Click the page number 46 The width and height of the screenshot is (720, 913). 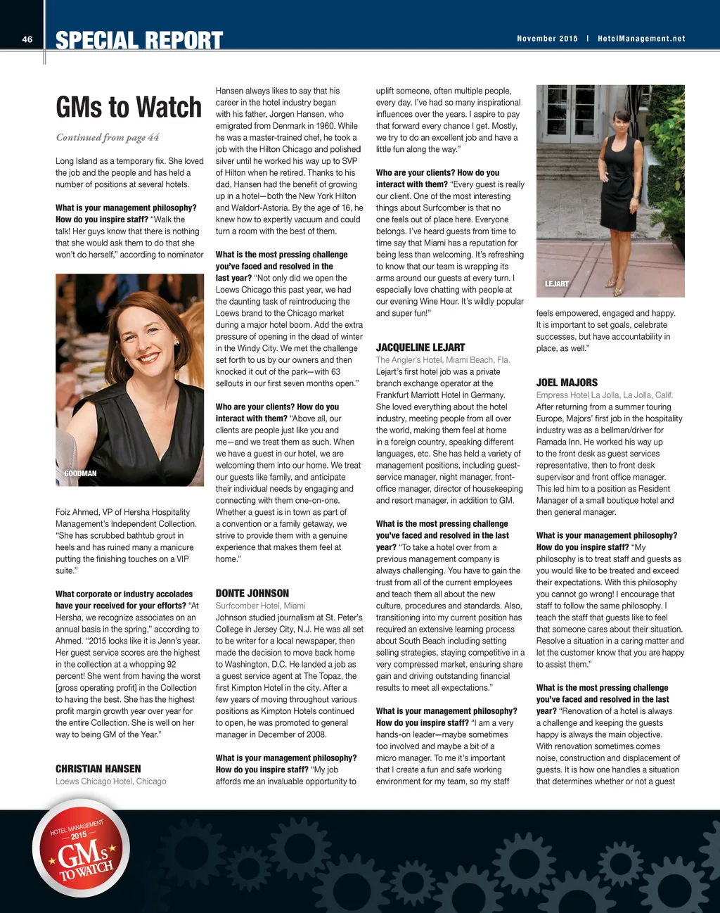tap(27, 39)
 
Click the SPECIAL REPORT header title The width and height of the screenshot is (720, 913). tap(139, 41)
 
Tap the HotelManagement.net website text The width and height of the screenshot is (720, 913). tap(641, 39)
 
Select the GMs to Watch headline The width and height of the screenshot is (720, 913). tap(129, 107)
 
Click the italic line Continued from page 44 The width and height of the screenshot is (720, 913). tap(108, 137)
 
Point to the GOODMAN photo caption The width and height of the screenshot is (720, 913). tap(80, 473)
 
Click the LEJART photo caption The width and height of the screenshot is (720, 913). tap(557, 284)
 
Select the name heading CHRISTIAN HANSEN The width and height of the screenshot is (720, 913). tap(98, 769)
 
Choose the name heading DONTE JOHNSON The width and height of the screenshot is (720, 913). tap(252, 594)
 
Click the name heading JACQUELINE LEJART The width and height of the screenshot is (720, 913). tap(420, 347)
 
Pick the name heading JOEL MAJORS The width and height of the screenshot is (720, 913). tap(567, 383)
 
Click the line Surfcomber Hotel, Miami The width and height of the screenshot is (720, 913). tap(260, 606)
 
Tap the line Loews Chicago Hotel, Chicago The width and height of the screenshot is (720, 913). tap(111, 781)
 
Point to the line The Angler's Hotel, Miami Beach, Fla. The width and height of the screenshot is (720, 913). tap(443, 360)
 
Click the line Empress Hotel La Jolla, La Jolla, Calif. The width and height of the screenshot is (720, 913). tap(605, 395)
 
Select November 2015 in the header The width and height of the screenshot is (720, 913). tap(547, 39)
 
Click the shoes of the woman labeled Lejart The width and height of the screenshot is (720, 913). tap(617, 288)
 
